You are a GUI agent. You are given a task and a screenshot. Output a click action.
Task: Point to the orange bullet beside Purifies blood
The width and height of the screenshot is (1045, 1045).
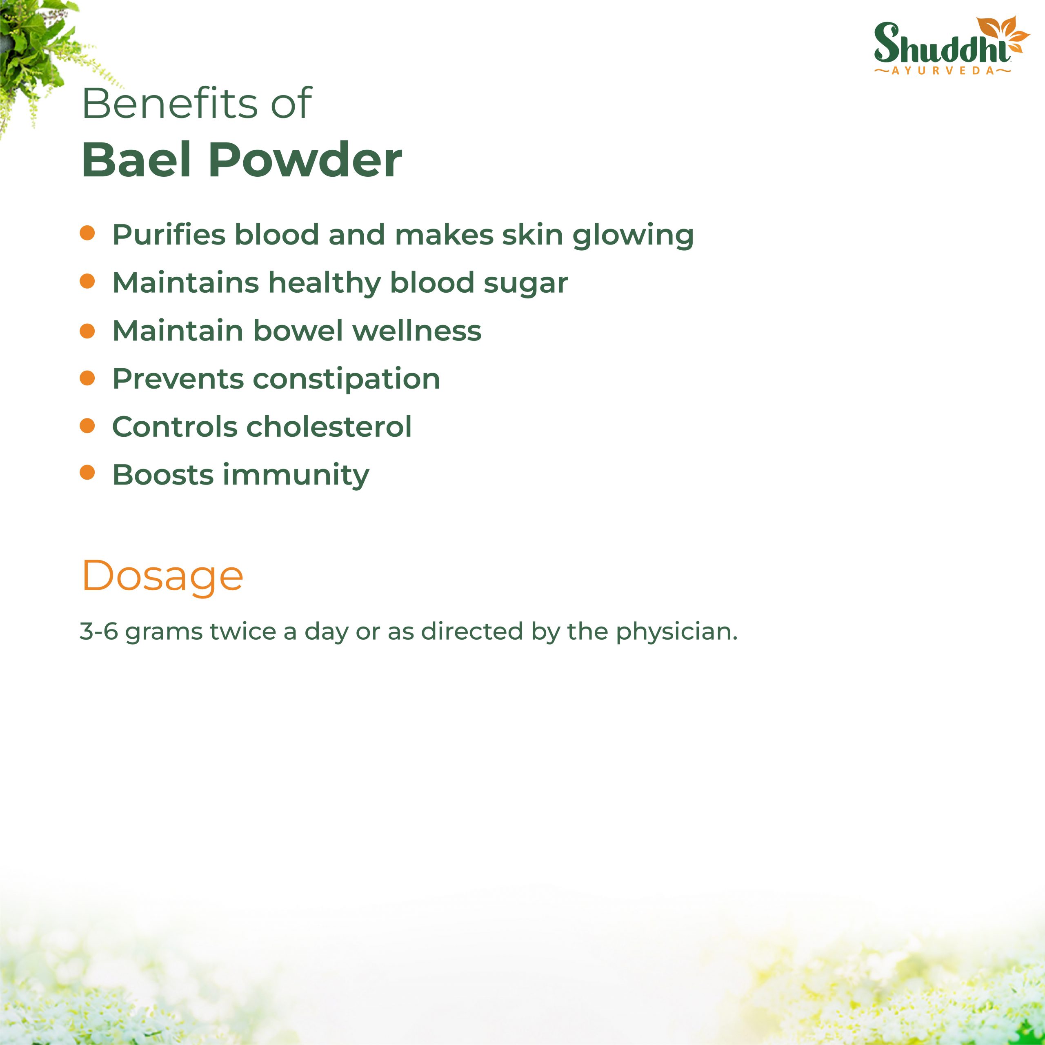(x=87, y=233)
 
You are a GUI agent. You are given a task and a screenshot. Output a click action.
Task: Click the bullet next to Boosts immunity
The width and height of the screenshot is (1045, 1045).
(x=87, y=473)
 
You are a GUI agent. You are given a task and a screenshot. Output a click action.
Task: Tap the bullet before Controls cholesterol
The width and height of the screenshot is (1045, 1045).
(x=87, y=425)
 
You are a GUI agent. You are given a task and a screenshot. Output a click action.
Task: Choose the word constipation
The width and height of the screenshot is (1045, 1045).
(x=346, y=379)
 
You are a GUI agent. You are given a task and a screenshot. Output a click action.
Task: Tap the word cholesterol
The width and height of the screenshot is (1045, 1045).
(x=329, y=426)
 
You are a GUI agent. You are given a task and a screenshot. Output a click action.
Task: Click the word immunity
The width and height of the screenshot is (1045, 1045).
(x=296, y=476)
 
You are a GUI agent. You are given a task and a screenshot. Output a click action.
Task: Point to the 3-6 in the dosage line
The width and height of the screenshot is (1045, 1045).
(x=99, y=631)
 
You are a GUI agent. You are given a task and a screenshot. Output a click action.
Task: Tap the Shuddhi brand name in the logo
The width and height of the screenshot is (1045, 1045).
(x=942, y=43)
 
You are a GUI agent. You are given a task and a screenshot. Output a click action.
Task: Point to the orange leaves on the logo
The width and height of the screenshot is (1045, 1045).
(x=1002, y=33)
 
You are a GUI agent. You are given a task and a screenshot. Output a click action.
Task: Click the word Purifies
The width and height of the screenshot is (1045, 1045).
(x=169, y=234)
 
